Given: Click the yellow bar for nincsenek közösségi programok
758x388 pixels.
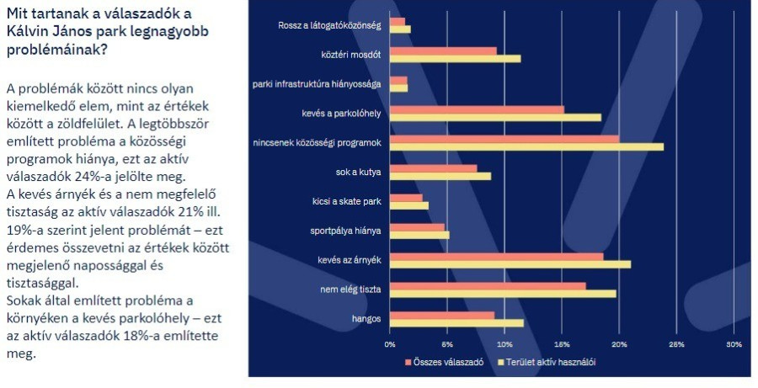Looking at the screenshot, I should tap(526, 146).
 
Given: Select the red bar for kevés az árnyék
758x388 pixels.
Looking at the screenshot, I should tap(496, 257).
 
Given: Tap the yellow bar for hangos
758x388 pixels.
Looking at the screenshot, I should tap(456, 322).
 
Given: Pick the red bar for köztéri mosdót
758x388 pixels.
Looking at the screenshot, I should tap(443, 50).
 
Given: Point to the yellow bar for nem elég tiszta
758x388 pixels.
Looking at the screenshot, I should tap(503, 293).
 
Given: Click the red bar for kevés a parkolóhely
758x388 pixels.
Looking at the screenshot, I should tap(477, 109).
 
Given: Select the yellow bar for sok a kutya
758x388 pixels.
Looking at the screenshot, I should tap(440, 176).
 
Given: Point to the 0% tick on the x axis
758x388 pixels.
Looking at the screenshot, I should tap(390, 344).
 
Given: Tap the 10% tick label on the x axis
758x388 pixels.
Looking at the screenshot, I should tap(504, 344).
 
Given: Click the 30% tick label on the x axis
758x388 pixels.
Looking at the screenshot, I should tap(734, 344).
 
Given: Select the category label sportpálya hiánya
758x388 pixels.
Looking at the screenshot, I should tap(345, 230).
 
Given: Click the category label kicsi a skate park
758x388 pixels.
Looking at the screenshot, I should tap(346, 201).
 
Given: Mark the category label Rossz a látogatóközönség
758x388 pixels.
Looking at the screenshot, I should tap(329, 25).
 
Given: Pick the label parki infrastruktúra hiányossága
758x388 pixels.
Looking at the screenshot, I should tap(318, 84).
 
